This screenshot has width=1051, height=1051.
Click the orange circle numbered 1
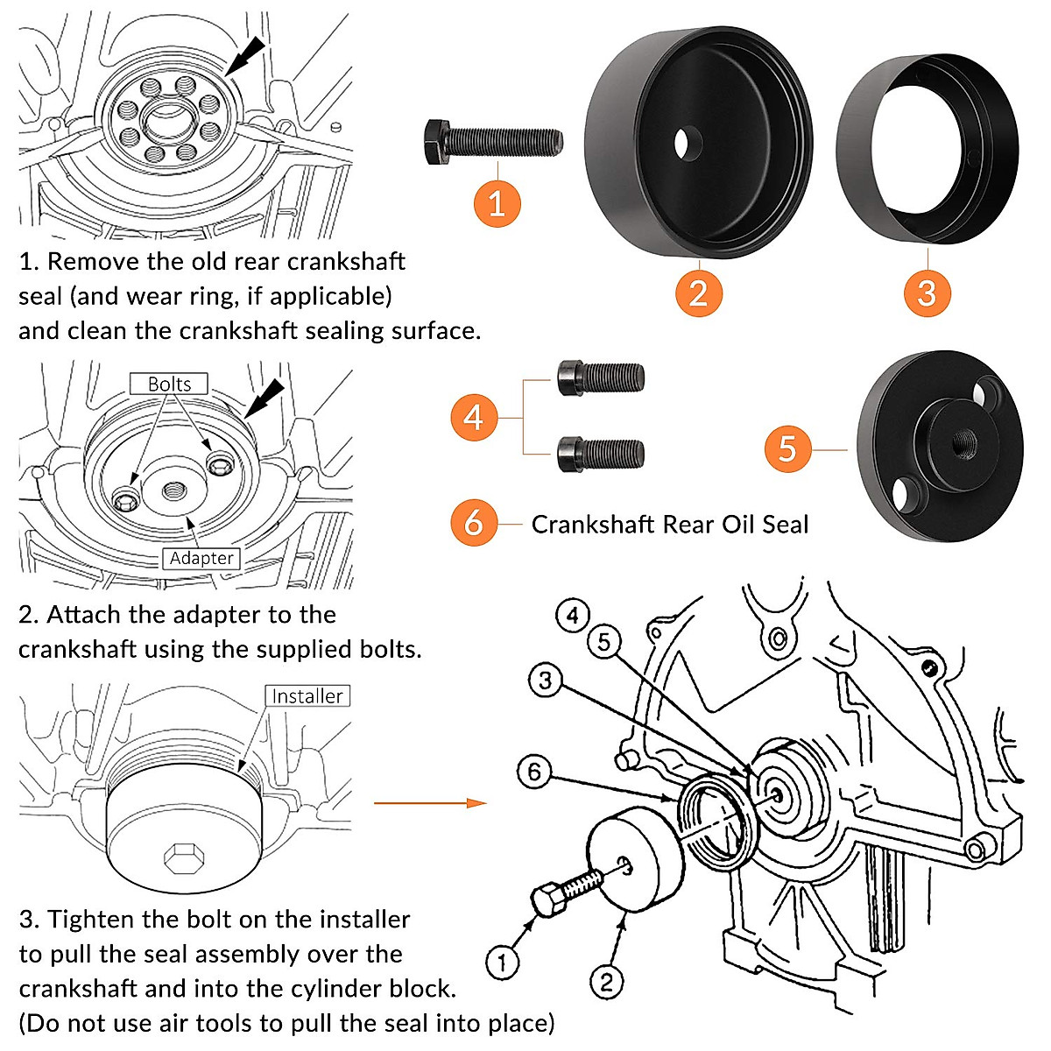(x=497, y=203)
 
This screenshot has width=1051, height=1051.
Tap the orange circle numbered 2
(x=698, y=292)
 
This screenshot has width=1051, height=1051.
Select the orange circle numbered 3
(x=927, y=292)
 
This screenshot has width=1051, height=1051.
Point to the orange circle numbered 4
(x=474, y=417)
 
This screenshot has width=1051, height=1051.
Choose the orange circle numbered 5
(x=787, y=449)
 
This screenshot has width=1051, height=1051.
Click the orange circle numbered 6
(x=474, y=523)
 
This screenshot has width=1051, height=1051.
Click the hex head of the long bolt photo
(x=435, y=140)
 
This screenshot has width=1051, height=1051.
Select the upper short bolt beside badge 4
(x=601, y=377)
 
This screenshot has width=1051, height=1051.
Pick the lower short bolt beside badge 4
(x=601, y=454)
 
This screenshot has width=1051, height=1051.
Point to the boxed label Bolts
(x=169, y=384)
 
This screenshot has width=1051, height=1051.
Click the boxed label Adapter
(x=201, y=558)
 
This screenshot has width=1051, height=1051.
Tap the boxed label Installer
(x=307, y=696)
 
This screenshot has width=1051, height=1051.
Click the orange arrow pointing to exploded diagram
(x=429, y=802)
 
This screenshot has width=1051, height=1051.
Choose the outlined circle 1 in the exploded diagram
(x=503, y=963)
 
